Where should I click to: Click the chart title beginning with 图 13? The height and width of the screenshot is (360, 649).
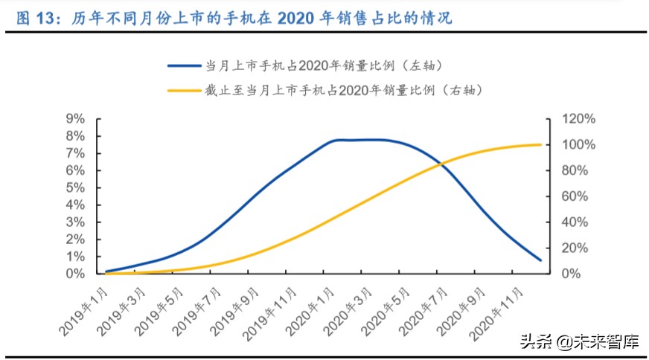click(x=234, y=18)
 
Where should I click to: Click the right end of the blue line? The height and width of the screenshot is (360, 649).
click(x=540, y=260)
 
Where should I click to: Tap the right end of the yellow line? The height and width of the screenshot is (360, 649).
click(x=540, y=144)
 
